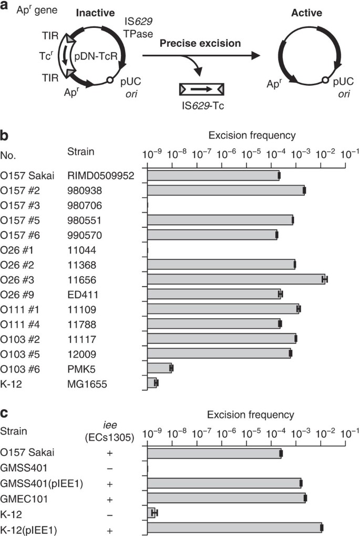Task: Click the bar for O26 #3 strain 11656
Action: (236, 279)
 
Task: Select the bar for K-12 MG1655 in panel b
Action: (152, 383)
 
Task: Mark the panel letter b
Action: (5, 136)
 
